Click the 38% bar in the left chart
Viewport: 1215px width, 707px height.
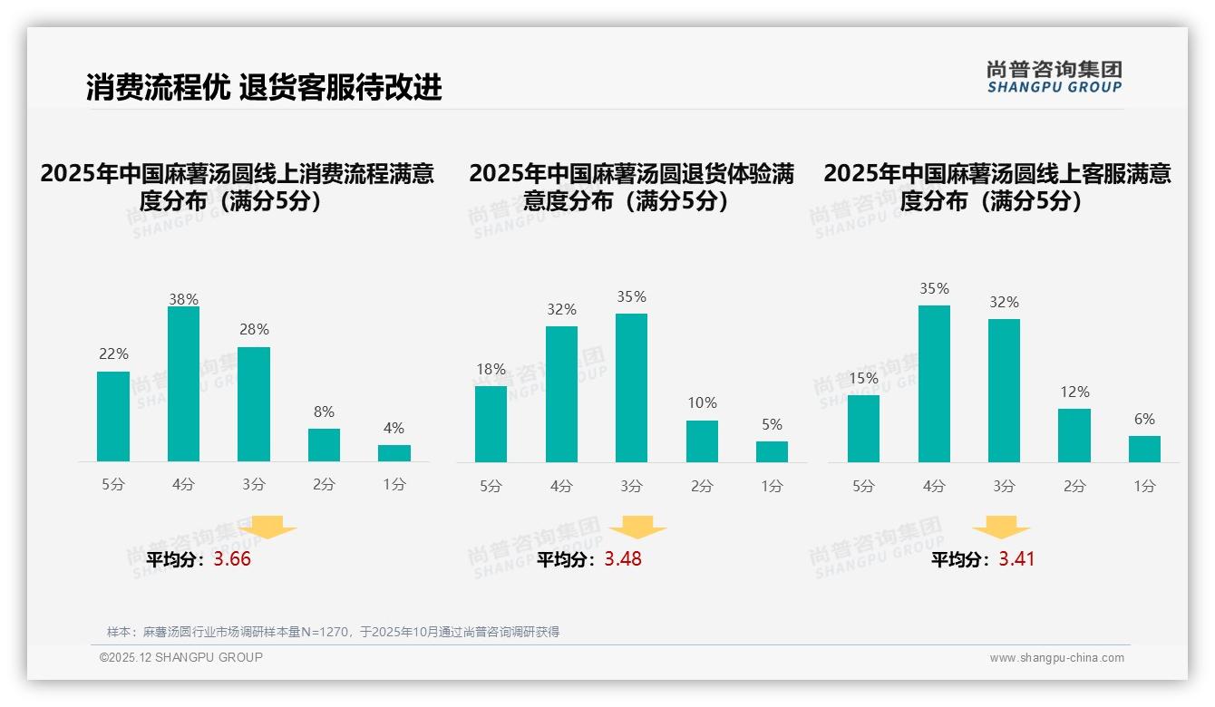[x=183, y=384]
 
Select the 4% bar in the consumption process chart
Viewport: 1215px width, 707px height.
[x=394, y=453]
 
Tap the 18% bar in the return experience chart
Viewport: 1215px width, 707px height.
[x=491, y=424]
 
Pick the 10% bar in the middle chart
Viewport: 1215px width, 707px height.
[x=702, y=441]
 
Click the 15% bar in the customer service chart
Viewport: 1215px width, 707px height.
[x=863, y=429]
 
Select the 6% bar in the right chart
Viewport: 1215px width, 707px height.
[x=1144, y=449]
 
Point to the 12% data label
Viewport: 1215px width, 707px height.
[x=1074, y=392]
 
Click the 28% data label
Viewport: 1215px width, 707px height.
[x=254, y=330]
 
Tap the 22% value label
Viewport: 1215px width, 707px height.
[x=113, y=354]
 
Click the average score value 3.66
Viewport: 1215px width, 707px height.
[x=232, y=559]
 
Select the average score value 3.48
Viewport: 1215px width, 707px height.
[x=623, y=559]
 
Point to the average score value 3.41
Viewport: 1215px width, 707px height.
[x=1016, y=559]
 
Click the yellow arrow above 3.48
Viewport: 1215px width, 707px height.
[x=637, y=528]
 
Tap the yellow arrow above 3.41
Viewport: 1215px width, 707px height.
[x=1001, y=528]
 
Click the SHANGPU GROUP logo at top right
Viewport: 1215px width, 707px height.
[x=1054, y=77]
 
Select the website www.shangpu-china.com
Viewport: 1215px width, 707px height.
[x=1056, y=658]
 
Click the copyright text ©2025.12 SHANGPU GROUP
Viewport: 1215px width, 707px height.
[x=181, y=657]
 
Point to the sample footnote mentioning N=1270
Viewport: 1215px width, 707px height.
[x=333, y=632]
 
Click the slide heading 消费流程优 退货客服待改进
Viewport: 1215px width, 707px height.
[x=264, y=88]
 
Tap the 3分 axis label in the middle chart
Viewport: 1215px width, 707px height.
[x=631, y=486]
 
